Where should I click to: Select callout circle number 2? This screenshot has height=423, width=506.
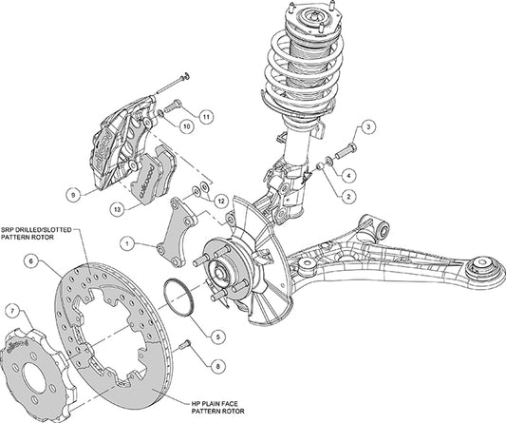pyautogui.click(x=348, y=195)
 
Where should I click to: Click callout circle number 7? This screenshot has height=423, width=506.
pyautogui.click(x=11, y=311)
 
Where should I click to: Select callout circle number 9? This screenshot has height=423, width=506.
pyautogui.click(x=72, y=195)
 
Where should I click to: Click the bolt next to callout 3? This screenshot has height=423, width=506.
pyautogui.click(x=343, y=147)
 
